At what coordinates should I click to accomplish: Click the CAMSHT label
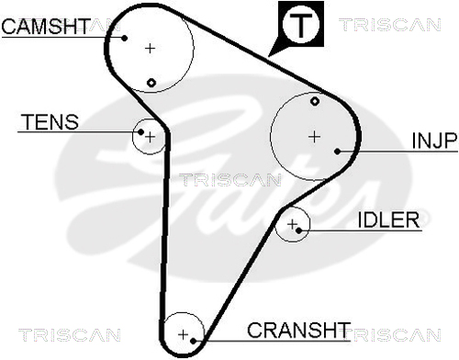click(46, 26)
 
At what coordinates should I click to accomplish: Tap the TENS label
click(50, 122)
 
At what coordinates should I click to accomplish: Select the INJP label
click(434, 141)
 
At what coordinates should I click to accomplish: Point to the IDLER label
click(388, 219)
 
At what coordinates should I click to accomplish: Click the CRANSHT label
click(298, 330)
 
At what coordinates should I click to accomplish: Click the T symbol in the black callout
click(301, 25)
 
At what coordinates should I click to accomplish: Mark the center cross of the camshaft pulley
click(150, 48)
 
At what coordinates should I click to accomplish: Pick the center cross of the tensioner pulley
click(150, 137)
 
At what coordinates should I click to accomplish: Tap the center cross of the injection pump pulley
click(314, 137)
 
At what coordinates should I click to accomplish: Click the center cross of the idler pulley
click(292, 224)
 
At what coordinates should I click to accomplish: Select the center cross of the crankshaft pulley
click(183, 334)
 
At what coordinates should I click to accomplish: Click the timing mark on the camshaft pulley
click(151, 83)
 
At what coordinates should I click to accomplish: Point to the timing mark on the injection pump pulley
click(315, 101)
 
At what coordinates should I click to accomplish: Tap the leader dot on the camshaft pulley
click(124, 38)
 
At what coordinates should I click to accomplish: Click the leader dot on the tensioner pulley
click(140, 132)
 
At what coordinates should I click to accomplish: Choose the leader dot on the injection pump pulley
click(337, 152)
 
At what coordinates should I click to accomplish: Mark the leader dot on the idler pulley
click(299, 231)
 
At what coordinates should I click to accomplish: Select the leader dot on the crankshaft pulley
click(193, 341)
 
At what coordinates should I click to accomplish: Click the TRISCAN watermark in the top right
click(389, 25)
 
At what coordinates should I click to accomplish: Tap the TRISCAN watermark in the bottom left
click(70, 335)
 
